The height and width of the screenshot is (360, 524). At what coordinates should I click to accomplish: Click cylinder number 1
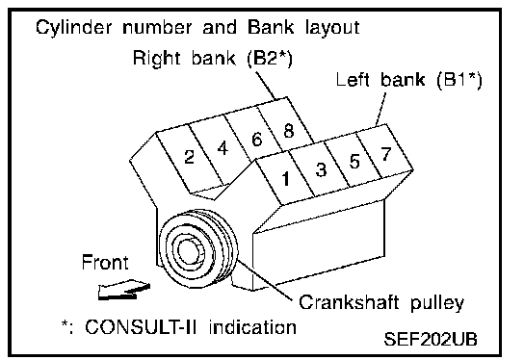click(x=286, y=179)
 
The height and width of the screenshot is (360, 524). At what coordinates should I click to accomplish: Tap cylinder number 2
click(x=189, y=157)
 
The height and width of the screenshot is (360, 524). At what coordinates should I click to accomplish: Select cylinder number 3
click(x=321, y=169)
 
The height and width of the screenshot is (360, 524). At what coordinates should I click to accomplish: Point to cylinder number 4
click(x=223, y=148)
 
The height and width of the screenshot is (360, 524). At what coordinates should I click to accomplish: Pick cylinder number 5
click(x=354, y=161)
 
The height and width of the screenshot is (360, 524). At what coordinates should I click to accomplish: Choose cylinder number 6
click(x=256, y=140)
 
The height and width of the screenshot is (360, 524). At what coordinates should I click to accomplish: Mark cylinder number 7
click(x=386, y=154)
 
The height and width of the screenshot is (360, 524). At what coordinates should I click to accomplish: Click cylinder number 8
click(x=289, y=131)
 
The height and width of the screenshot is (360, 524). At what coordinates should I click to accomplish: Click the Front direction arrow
click(x=124, y=289)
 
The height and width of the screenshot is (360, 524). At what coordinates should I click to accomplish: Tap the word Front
click(x=105, y=263)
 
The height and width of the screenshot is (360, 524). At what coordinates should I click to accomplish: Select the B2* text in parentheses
click(x=270, y=59)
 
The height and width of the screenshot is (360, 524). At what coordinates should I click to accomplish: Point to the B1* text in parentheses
click(x=459, y=80)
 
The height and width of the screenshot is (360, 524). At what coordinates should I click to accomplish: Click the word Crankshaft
click(x=349, y=302)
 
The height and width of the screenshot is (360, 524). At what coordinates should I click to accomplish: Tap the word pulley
click(x=437, y=304)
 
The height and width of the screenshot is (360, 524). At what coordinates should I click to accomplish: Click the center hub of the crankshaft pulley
click(x=190, y=251)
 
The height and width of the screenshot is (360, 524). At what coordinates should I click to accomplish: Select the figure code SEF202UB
click(x=431, y=339)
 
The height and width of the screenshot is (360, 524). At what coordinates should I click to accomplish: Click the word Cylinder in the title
click(x=73, y=27)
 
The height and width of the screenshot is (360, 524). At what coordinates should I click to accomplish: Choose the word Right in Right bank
click(x=157, y=59)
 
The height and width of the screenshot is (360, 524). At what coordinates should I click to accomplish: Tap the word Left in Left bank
click(x=353, y=80)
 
